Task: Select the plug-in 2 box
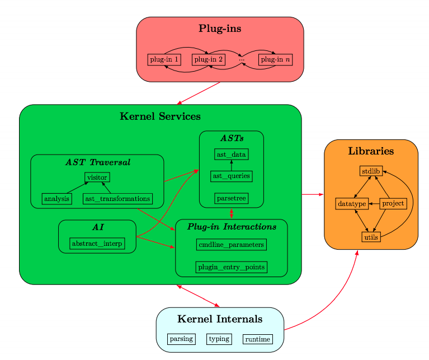pos(209,59)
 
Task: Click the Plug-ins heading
pos(220,29)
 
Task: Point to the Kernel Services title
pos(160,116)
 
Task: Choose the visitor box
pos(97,177)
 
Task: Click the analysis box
pos(56,199)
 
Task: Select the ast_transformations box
pos(118,199)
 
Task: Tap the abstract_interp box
pos(97,243)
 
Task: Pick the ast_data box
pos(231,154)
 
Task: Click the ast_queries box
pos(231,176)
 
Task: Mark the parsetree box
pos(231,198)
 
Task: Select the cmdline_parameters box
pos(231,245)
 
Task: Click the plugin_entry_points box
pos(231,267)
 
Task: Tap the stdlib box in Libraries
pos(371,171)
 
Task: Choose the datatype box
pos(351,204)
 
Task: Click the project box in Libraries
pos(393,204)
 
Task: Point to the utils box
pos(371,237)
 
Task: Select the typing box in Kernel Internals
pos(219,339)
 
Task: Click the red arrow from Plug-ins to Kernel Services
pos(199,93)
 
